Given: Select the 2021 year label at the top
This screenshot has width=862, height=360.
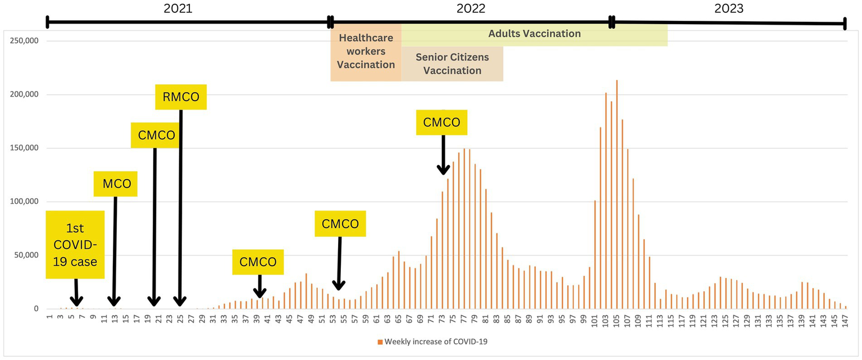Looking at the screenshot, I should click(177, 8).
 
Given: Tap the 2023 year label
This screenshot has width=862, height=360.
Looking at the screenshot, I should click(729, 8).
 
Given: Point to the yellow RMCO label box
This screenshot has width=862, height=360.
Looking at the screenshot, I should click(181, 97).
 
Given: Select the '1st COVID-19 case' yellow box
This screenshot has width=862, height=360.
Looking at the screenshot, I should click(75, 245).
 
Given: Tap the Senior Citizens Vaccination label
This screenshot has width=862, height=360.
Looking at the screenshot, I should click(452, 64).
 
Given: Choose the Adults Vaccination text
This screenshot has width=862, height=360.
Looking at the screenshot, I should click(534, 34).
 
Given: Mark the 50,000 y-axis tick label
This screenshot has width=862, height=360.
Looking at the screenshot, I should click(25, 256).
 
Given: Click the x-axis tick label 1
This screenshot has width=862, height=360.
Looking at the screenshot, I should click(50, 318).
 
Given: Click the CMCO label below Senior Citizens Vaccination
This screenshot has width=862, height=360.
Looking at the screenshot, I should click(441, 122).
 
